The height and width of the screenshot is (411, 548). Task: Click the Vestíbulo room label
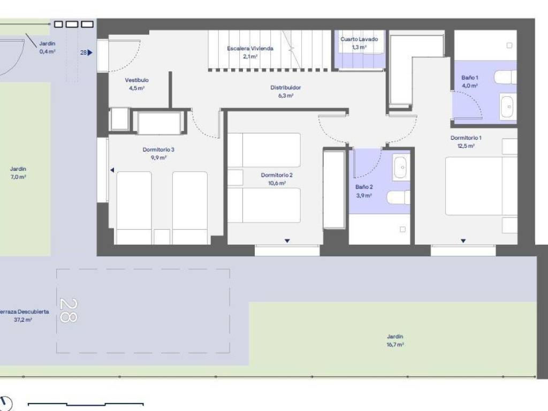click(x=136, y=80)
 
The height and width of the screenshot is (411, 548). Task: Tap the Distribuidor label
click(x=286, y=88)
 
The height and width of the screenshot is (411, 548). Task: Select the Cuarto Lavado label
click(x=359, y=39)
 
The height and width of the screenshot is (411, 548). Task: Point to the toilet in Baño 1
click(x=505, y=77)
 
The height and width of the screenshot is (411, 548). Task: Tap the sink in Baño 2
click(x=401, y=168)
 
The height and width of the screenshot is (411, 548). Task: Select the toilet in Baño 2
click(x=398, y=197)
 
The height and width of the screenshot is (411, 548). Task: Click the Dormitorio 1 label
click(x=466, y=138)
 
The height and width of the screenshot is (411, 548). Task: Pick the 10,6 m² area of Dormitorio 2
click(x=277, y=183)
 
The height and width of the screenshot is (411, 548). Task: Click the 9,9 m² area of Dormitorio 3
click(x=158, y=158)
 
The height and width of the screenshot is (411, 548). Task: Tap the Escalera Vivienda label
click(x=250, y=48)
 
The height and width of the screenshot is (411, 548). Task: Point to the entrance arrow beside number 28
click(x=90, y=53)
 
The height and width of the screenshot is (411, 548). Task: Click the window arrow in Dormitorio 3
click(x=112, y=170)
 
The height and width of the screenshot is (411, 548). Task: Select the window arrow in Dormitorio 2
click(x=287, y=241)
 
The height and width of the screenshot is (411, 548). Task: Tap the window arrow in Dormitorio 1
click(x=463, y=241)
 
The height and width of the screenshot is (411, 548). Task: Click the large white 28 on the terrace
click(x=68, y=310)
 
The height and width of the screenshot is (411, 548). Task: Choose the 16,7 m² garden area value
click(x=395, y=345)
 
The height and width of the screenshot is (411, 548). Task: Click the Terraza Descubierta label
click(x=24, y=311)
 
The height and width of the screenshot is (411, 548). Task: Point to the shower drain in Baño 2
click(x=402, y=229)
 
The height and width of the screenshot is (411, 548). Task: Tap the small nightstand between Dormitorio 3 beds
click(x=162, y=237)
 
